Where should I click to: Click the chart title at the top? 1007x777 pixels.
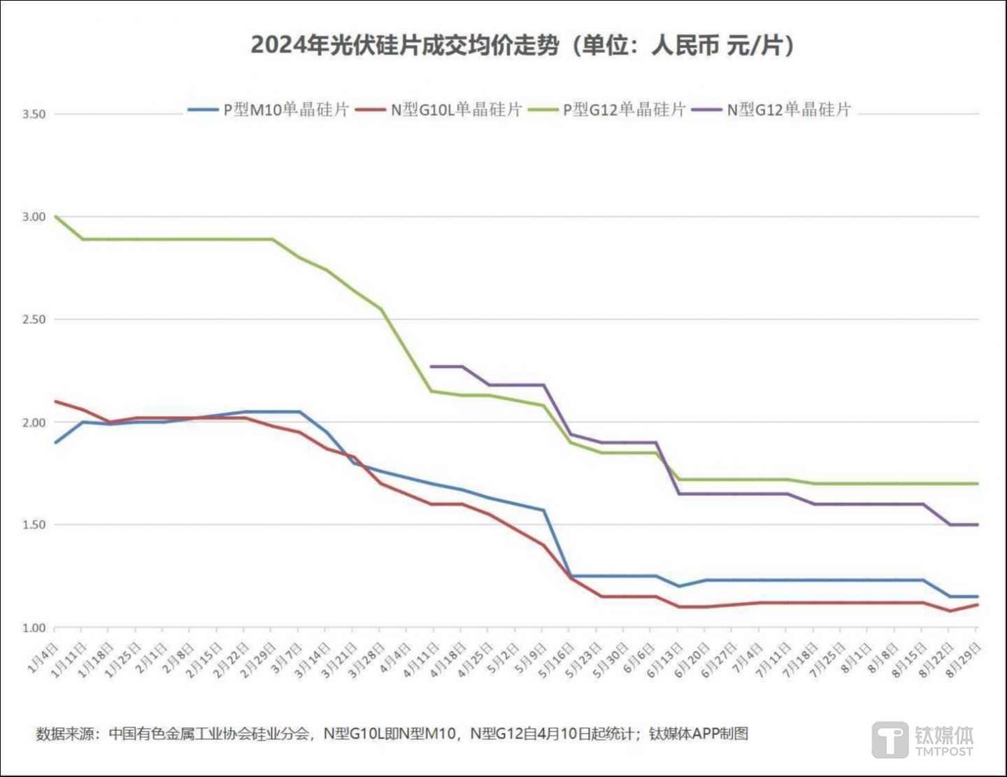[x=522, y=45]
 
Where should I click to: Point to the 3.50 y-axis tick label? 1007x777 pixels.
[x=34, y=114]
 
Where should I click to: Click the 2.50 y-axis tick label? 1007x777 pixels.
[x=34, y=320]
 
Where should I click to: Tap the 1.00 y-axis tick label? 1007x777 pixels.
[x=34, y=628]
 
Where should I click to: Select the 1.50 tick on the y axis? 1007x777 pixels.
[x=34, y=525]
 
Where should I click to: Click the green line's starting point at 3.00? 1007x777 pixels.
[x=56, y=217]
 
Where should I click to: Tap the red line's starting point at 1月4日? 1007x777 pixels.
[x=56, y=401]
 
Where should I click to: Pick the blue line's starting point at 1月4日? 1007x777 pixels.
[x=56, y=443]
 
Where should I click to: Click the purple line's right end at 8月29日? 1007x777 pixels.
[x=977, y=525]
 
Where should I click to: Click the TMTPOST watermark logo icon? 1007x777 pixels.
[x=890, y=741]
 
